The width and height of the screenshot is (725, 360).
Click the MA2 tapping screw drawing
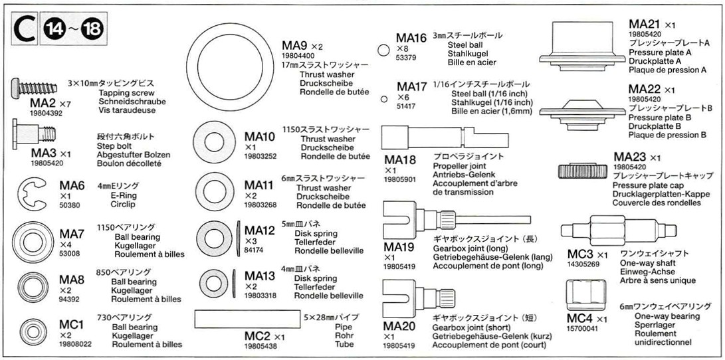[34, 88]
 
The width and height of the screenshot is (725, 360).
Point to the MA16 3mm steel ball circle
[383, 50]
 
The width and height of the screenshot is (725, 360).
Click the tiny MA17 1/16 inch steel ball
[384, 98]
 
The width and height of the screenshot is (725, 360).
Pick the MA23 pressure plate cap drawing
[581, 171]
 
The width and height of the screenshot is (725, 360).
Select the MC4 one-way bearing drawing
[586, 296]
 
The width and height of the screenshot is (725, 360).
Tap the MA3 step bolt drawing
[33, 134]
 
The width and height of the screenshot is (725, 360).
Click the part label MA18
[400, 160]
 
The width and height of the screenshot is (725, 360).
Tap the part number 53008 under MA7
[69, 253]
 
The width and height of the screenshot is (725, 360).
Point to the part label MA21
[645, 24]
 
